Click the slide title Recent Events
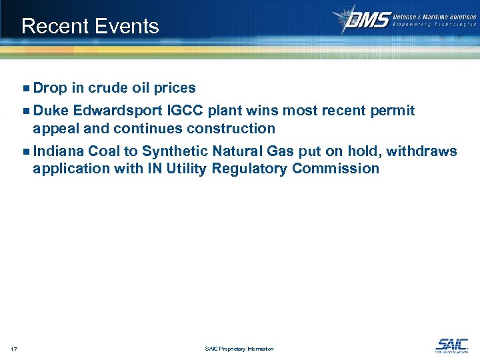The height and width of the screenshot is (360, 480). (x=90, y=26)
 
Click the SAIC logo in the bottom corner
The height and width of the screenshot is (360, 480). (x=451, y=345)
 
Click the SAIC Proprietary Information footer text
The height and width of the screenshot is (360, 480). (x=240, y=349)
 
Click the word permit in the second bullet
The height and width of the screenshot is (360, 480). (x=392, y=111)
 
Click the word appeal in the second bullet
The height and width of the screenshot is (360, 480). (x=55, y=129)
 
